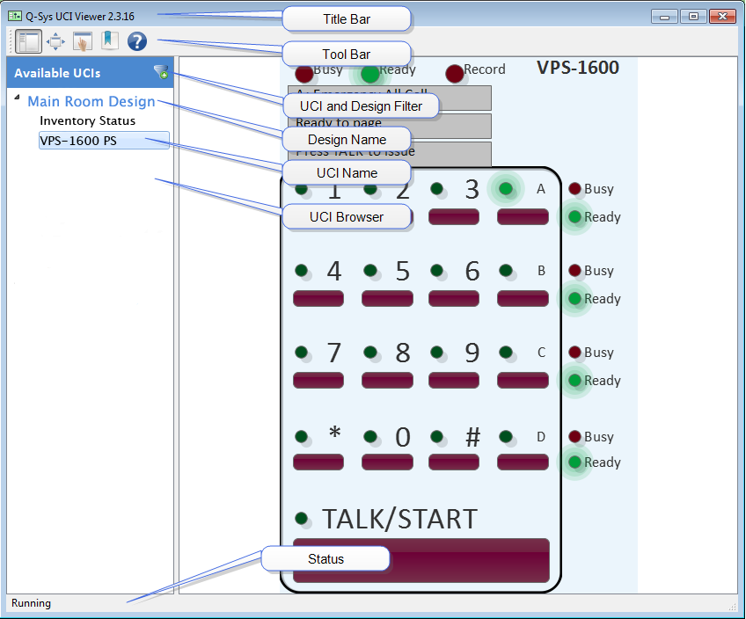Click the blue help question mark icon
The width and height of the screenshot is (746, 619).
point(136,41)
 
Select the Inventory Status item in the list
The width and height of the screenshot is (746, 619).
point(87,120)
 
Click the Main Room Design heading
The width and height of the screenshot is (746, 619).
point(91,101)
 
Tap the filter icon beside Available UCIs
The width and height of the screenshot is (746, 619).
point(161,72)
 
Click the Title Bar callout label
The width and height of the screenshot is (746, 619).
point(346,19)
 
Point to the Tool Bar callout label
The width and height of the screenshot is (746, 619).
point(346,54)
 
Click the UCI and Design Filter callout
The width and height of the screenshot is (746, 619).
point(361,106)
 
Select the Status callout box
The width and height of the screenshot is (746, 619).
point(325,559)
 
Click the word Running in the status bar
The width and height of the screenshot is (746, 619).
point(31,603)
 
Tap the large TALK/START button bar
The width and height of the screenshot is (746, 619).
point(421,560)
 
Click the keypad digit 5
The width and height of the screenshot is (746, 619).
point(402,272)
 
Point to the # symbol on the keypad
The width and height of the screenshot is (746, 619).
point(472,437)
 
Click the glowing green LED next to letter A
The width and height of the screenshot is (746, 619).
point(506,188)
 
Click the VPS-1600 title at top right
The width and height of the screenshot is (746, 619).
point(577,68)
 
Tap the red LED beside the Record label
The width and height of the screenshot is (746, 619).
point(454,73)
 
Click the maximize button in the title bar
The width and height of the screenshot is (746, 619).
point(693,16)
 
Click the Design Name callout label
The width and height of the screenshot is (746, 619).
point(346,139)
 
